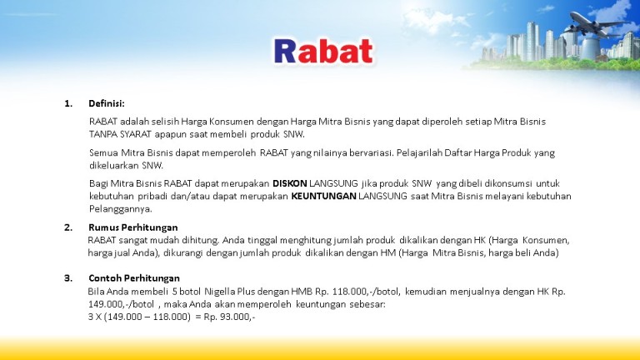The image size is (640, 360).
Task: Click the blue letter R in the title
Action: tap(285, 52)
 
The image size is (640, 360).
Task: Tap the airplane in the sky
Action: tap(597, 24)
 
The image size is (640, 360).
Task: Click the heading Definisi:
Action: tap(107, 103)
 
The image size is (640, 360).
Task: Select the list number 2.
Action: tap(68, 227)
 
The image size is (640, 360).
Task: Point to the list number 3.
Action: tap(68, 278)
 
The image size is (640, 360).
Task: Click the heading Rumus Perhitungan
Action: tap(133, 227)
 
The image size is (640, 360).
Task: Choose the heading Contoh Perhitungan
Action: tap(134, 278)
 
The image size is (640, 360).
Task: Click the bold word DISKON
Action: tap(290, 183)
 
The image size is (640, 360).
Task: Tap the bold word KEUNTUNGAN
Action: tap(323, 196)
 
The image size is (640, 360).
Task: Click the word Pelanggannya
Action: tap(120, 209)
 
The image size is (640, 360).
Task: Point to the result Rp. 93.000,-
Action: tap(229, 317)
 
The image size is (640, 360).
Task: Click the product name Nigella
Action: tap(220, 292)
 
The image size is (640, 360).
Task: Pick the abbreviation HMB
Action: tap(302, 292)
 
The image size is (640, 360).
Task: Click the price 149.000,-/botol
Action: tap(121, 304)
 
